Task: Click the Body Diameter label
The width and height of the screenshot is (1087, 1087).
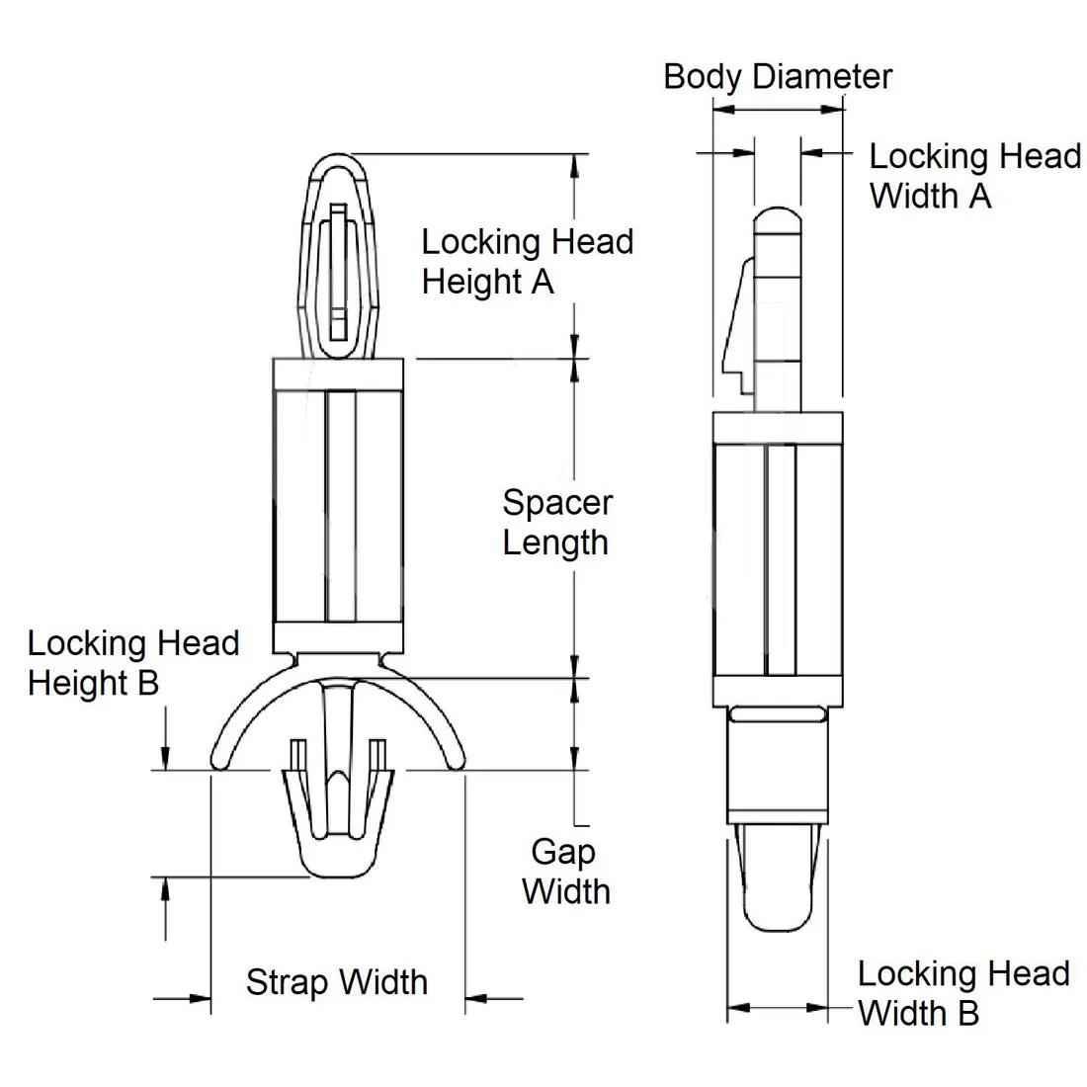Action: (778, 76)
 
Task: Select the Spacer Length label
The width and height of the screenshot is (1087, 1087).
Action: (556, 522)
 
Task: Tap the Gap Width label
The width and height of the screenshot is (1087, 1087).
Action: (566, 871)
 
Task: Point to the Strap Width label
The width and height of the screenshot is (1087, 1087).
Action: (337, 981)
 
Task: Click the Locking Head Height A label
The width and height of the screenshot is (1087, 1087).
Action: (527, 261)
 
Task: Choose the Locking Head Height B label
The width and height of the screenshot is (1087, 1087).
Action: (133, 663)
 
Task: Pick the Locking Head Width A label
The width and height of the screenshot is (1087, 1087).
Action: (974, 176)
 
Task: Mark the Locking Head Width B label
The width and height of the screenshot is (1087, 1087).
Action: (962, 993)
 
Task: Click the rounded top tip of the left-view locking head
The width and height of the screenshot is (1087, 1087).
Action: (336, 158)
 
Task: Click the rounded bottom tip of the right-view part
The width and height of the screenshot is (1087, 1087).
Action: (777, 926)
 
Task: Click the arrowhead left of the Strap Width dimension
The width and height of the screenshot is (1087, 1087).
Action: (197, 999)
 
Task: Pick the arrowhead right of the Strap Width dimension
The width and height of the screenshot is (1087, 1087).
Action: (478, 999)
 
